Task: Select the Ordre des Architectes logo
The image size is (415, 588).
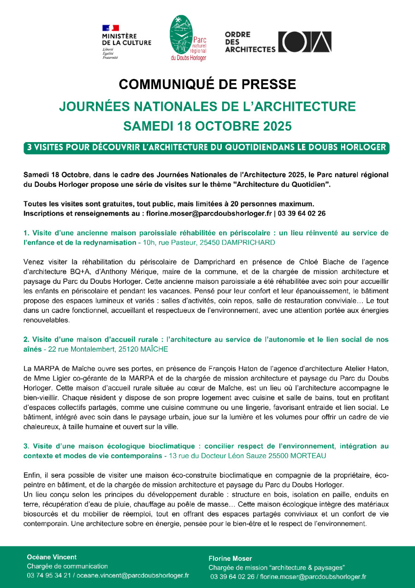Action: click(278, 42)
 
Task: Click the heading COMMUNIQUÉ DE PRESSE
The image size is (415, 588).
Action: click(207, 84)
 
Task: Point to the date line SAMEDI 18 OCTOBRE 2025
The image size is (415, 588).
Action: click(207, 126)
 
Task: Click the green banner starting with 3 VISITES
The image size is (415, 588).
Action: click(207, 148)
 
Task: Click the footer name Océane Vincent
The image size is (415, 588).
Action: click(52, 557)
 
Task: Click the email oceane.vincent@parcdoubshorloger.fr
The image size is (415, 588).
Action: click(133, 576)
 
